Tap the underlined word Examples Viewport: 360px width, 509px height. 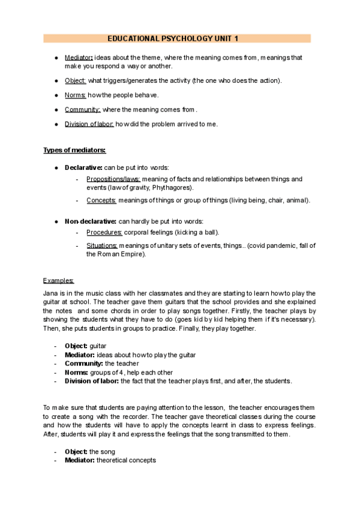tap(59, 280)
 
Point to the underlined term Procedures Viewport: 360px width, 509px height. tap(104, 232)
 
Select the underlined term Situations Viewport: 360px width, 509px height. tap(102, 245)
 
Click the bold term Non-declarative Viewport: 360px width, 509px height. tap(91, 221)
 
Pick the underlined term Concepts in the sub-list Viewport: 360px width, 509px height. tap(101, 200)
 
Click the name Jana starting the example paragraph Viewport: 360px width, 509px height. tap(50, 293)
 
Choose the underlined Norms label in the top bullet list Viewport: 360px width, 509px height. tap(75, 95)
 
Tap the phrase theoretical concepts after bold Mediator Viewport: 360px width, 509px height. tap(127, 460)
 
